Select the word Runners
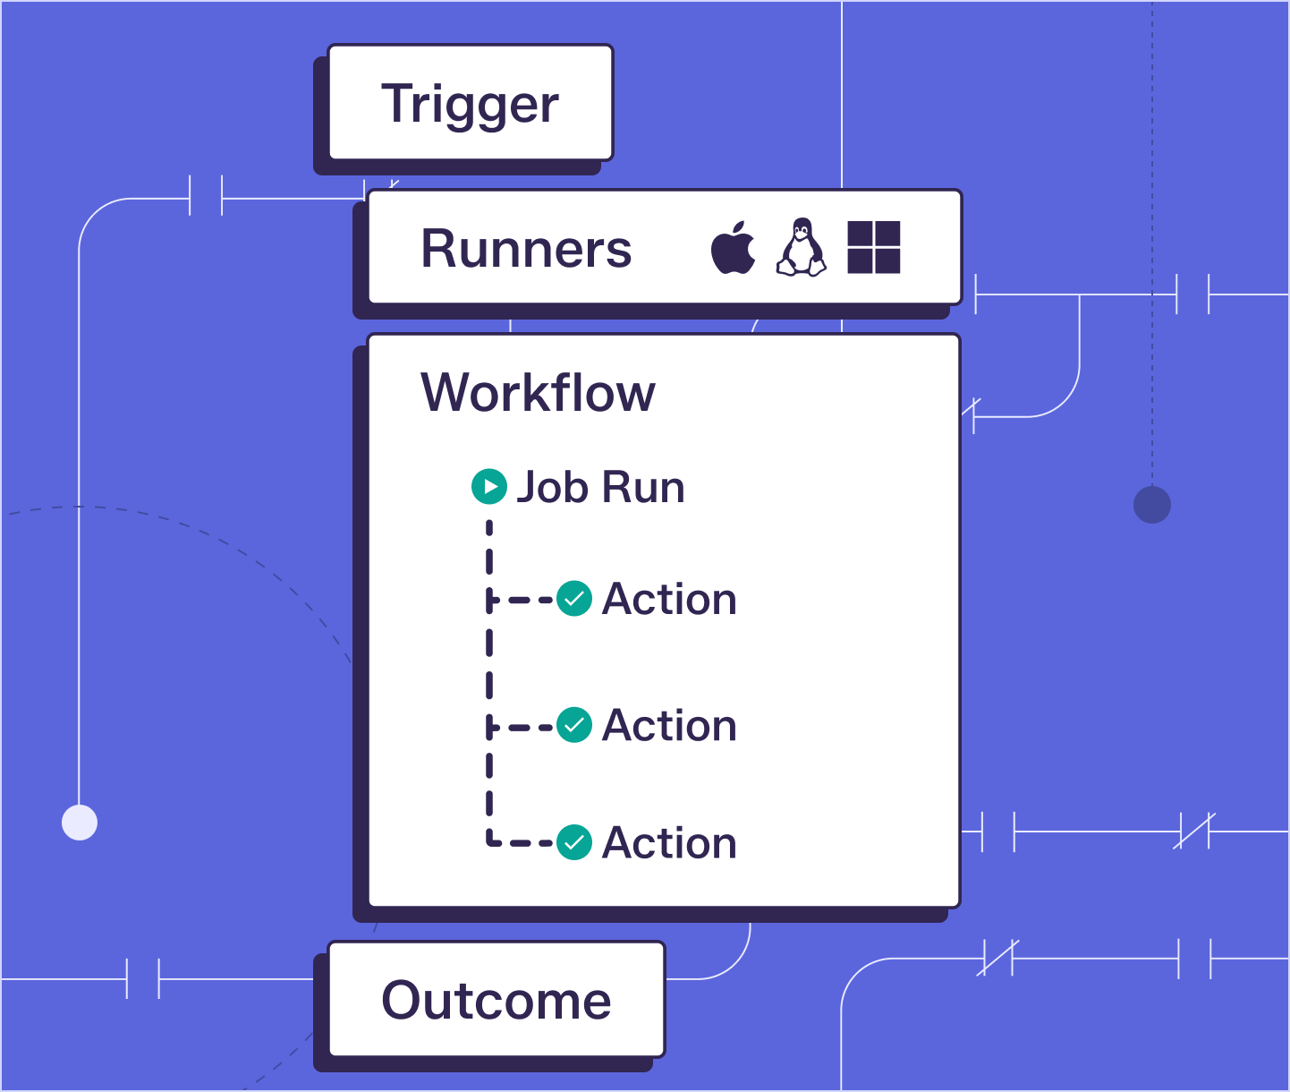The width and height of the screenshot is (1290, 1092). [x=526, y=249]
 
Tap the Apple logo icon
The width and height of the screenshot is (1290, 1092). [x=734, y=247]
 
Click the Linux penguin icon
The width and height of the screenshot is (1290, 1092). [x=802, y=247]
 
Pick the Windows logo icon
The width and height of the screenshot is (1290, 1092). [x=874, y=247]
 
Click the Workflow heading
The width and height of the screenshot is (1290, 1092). [x=538, y=392]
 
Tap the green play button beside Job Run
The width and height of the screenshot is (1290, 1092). [x=489, y=486]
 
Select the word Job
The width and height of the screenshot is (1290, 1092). [x=552, y=487]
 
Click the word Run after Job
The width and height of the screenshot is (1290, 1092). [x=643, y=487]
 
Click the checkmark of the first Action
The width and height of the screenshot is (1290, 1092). [x=574, y=599]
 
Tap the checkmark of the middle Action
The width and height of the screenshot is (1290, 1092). [x=574, y=725]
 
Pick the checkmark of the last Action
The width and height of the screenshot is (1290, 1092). [x=574, y=842]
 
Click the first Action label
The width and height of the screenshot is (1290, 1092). [x=669, y=599]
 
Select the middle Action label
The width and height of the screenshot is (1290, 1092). [x=669, y=725]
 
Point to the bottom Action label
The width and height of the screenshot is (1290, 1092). [x=669, y=842]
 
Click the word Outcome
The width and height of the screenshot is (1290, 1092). [x=496, y=1000]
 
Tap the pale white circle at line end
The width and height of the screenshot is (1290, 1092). [x=80, y=823]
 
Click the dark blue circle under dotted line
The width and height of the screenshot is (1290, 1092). [x=1152, y=505]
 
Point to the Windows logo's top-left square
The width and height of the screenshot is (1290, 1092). [x=860, y=233]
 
